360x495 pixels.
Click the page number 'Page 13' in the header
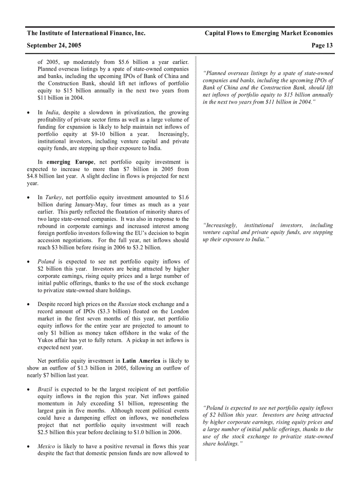[322, 45]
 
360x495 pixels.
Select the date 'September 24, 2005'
[54, 45]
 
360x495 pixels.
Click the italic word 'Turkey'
[53, 197]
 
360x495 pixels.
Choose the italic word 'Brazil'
[45, 389]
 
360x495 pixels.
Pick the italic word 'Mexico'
[46, 447]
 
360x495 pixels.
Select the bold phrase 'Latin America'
[141, 361]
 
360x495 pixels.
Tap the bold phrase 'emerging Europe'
[70, 162]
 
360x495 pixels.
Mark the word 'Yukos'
[46, 340]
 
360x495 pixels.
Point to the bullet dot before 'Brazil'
[29, 390]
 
